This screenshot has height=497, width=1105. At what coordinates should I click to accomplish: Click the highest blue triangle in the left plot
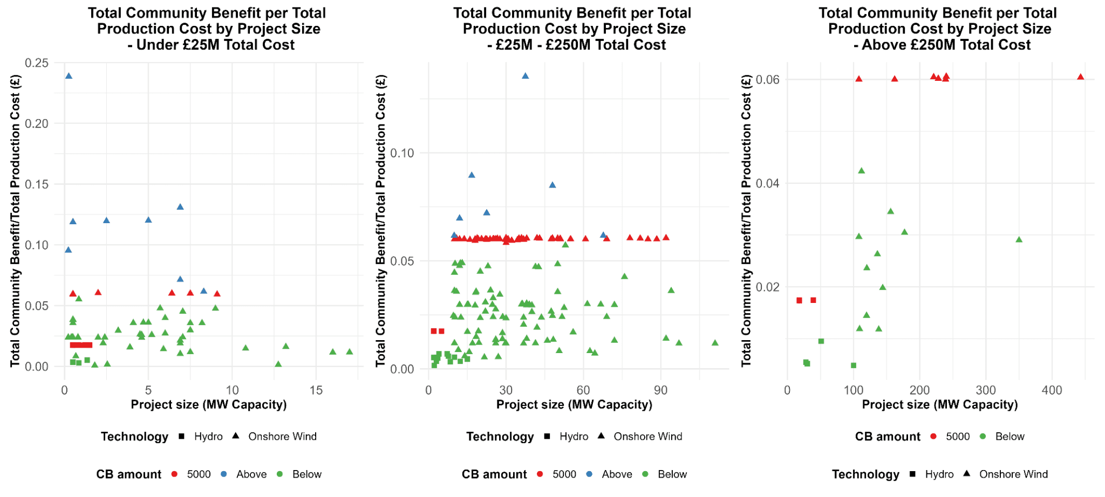[69, 76]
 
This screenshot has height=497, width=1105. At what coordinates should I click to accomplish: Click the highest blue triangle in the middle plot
[525, 76]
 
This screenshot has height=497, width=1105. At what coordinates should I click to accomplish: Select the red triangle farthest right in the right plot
[1080, 77]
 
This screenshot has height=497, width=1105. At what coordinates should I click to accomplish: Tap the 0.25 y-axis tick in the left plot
[37, 63]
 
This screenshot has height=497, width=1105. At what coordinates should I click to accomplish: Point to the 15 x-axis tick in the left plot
[316, 390]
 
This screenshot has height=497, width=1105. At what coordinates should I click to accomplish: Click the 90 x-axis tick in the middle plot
[660, 390]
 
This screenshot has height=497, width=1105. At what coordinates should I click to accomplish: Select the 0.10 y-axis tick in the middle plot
[402, 153]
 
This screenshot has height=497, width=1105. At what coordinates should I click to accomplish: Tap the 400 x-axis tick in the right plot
[1052, 390]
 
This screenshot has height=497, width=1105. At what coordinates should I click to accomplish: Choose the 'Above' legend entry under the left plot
[251, 474]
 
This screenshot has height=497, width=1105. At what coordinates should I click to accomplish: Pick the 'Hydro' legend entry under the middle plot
[574, 437]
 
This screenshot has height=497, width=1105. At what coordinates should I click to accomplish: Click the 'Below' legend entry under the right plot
[1009, 437]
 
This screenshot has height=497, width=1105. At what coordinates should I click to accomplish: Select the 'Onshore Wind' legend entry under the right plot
[1013, 474]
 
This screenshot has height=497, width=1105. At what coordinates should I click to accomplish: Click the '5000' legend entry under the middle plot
[564, 474]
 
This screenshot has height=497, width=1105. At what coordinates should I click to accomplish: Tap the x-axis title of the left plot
[209, 405]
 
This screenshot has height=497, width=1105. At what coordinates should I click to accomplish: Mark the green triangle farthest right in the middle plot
[715, 343]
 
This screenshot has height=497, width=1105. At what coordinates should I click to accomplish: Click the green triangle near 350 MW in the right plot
[1019, 240]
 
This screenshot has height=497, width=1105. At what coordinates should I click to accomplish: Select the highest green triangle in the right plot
[861, 171]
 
